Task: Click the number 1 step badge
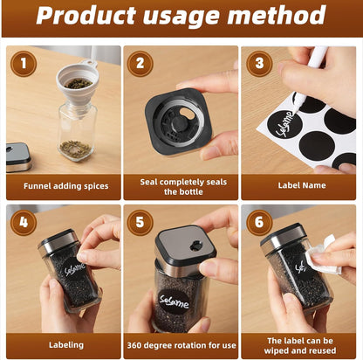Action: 24,64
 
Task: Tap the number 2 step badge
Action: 140,64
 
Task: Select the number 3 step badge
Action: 259,64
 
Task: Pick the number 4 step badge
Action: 24,223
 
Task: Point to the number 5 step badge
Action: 140,223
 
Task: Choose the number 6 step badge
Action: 259,223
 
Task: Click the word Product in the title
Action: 86,15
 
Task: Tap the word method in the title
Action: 277,15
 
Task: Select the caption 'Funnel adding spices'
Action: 66,186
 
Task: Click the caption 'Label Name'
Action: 302,185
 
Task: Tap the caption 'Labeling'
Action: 66,345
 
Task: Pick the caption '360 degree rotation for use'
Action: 181,345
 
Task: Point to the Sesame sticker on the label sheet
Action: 284,123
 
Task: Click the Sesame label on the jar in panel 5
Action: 175,301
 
